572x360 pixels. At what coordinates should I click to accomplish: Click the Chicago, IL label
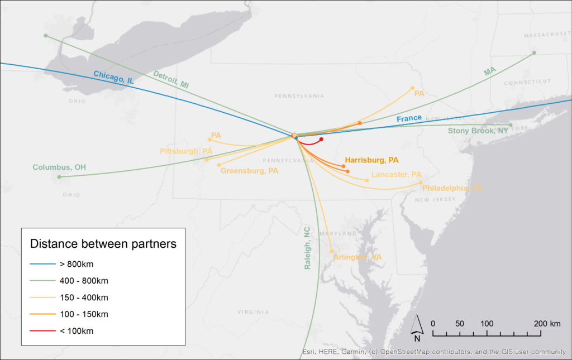click(x=113, y=77)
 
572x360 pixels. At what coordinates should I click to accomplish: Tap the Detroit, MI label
click(x=171, y=79)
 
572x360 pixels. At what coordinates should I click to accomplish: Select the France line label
click(x=409, y=118)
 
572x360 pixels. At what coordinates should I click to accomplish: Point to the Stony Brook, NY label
click(x=478, y=131)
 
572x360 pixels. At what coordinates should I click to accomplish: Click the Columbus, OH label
click(x=59, y=167)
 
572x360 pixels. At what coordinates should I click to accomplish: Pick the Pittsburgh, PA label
click(x=186, y=151)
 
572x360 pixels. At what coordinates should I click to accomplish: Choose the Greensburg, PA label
click(x=249, y=171)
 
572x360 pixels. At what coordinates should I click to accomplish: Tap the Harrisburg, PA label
click(x=371, y=160)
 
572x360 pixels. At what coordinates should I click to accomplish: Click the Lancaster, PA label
click(x=396, y=175)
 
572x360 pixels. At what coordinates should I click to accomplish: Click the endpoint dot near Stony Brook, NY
click(x=511, y=125)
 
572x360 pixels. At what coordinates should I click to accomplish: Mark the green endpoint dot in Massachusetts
click(x=534, y=53)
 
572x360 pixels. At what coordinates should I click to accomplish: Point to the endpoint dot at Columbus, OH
click(x=59, y=177)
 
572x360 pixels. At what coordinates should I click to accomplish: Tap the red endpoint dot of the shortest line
click(x=321, y=139)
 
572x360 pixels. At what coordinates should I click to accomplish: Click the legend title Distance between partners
click(x=103, y=244)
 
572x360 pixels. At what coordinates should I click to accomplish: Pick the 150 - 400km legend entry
click(x=84, y=297)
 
